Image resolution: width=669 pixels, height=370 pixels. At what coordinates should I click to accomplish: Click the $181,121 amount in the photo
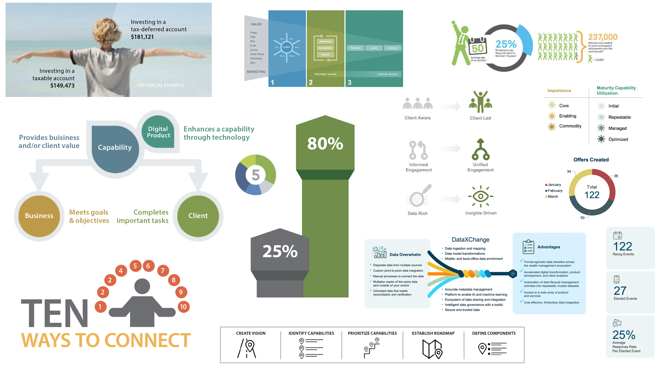[x=142, y=37]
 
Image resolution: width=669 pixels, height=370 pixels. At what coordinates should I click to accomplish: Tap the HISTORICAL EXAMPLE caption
[x=161, y=85]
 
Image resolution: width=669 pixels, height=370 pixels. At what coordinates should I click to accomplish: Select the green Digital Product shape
[x=158, y=132]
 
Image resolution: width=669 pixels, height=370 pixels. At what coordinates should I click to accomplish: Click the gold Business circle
[x=39, y=216]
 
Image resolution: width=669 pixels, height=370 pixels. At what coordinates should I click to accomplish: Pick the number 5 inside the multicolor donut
[x=256, y=175]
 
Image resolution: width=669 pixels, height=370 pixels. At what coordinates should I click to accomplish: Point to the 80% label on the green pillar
[x=325, y=143]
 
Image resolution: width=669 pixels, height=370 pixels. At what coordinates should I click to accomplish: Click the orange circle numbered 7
[x=163, y=271]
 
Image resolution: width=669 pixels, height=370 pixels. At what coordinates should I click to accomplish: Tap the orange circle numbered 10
[x=183, y=307]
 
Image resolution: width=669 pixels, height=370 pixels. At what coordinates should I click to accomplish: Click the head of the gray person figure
[x=142, y=286]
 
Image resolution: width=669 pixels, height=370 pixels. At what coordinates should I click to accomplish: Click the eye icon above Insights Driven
[x=481, y=196]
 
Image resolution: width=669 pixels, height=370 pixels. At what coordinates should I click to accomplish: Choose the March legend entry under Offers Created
[x=553, y=197]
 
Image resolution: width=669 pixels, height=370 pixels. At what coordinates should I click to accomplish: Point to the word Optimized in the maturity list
[x=618, y=139]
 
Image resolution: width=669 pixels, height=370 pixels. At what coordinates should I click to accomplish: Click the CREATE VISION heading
[x=251, y=333]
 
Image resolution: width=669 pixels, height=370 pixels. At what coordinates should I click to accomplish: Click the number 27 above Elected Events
[x=620, y=291]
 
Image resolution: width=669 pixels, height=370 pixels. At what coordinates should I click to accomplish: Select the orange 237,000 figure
[x=603, y=37]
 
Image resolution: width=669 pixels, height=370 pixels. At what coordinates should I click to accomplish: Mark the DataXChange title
[x=470, y=240]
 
